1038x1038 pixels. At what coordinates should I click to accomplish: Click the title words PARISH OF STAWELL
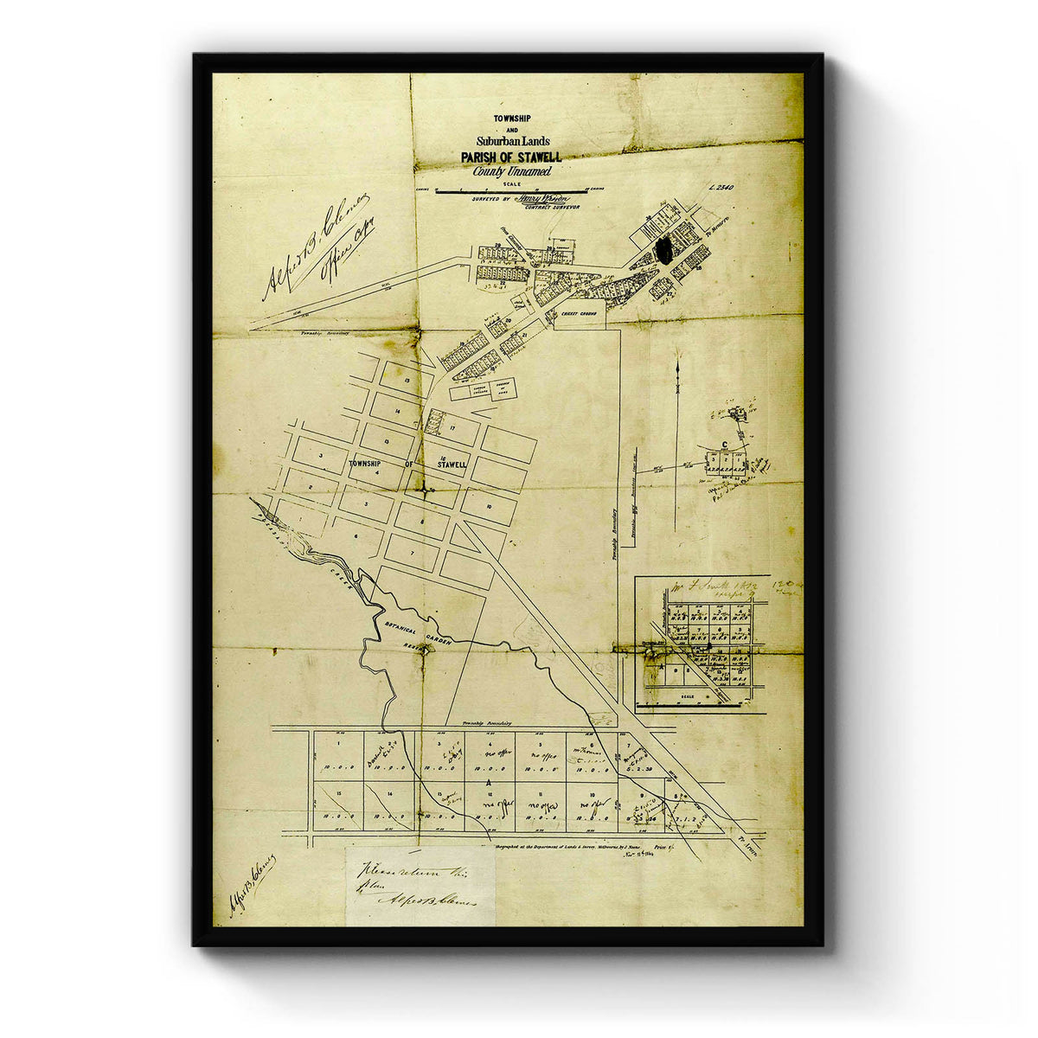tap(511, 157)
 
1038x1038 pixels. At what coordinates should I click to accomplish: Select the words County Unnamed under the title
tap(511, 171)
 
